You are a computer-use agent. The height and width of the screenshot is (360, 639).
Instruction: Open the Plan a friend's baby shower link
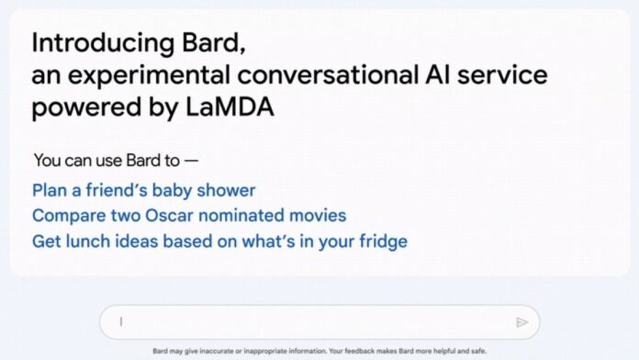pyautogui.click(x=143, y=190)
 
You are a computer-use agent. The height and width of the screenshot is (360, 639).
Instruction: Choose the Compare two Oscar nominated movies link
pyautogui.click(x=189, y=216)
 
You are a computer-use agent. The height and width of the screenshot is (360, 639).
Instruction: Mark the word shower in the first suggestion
pyautogui.click(x=229, y=190)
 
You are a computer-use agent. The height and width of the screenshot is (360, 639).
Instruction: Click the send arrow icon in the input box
pyautogui.click(x=521, y=321)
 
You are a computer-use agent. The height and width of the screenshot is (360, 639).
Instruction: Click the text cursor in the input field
pyautogui.click(x=120, y=321)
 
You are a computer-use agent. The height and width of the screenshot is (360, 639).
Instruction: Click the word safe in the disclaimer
pyautogui.click(x=476, y=351)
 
